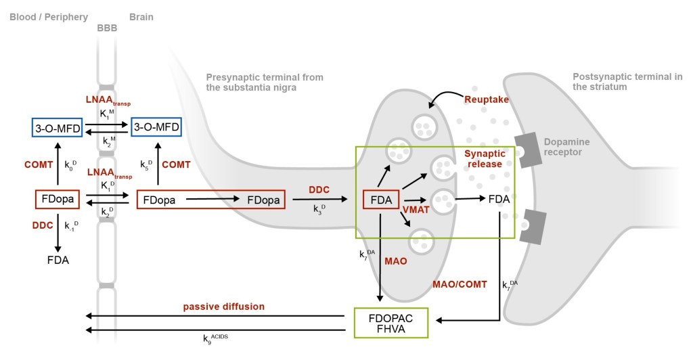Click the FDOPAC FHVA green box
tap(391, 322)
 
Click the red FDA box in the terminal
tap(382, 200)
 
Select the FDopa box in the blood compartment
tap(57, 200)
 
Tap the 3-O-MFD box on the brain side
tap(156, 127)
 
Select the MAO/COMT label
tap(460, 284)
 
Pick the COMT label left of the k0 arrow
tap(39, 164)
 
